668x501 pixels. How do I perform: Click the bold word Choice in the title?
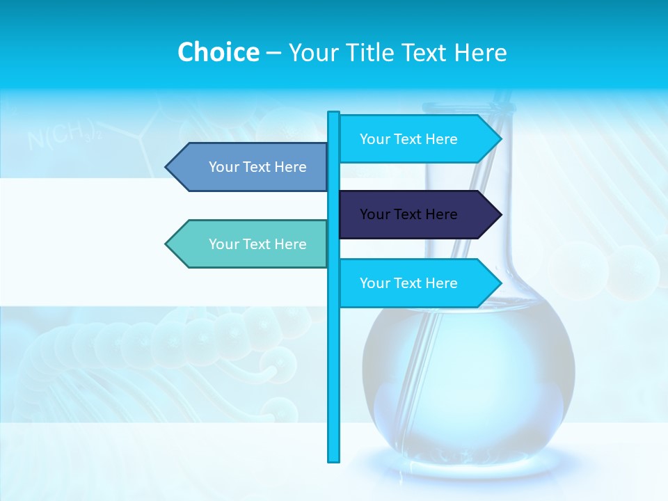(218, 52)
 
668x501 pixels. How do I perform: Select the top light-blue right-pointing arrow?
(417, 139)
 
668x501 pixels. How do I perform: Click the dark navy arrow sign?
(417, 214)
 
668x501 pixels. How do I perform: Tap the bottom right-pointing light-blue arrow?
(417, 283)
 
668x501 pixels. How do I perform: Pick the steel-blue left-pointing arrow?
(250, 167)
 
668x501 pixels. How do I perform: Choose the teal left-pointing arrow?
(250, 244)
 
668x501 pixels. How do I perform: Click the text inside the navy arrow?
(408, 214)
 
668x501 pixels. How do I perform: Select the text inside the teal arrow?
(257, 244)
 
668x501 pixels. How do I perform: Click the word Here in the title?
(480, 53)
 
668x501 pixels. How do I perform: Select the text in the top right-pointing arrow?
(408, 139)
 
